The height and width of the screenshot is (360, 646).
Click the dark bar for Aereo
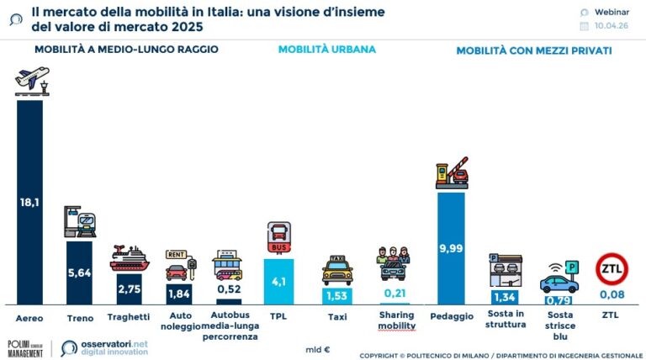[29, 202]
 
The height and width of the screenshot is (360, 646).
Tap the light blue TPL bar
[278, 281]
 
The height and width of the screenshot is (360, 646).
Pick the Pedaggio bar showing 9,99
[451, 247]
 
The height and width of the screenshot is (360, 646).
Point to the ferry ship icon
[129, 258]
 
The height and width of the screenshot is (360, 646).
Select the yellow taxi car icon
[337, 271]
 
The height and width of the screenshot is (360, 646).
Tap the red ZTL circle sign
[612, 269]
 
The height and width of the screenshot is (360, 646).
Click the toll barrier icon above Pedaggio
[452, 172]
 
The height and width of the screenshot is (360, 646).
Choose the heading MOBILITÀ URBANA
[326, 49]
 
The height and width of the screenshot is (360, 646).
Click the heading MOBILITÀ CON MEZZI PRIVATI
[533, 50]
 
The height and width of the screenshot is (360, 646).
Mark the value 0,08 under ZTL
[612, 294]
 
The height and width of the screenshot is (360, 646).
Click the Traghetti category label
[129, 316]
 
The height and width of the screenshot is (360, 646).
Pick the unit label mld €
[317, 347]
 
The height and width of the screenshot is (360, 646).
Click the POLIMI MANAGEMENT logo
[26, 348]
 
